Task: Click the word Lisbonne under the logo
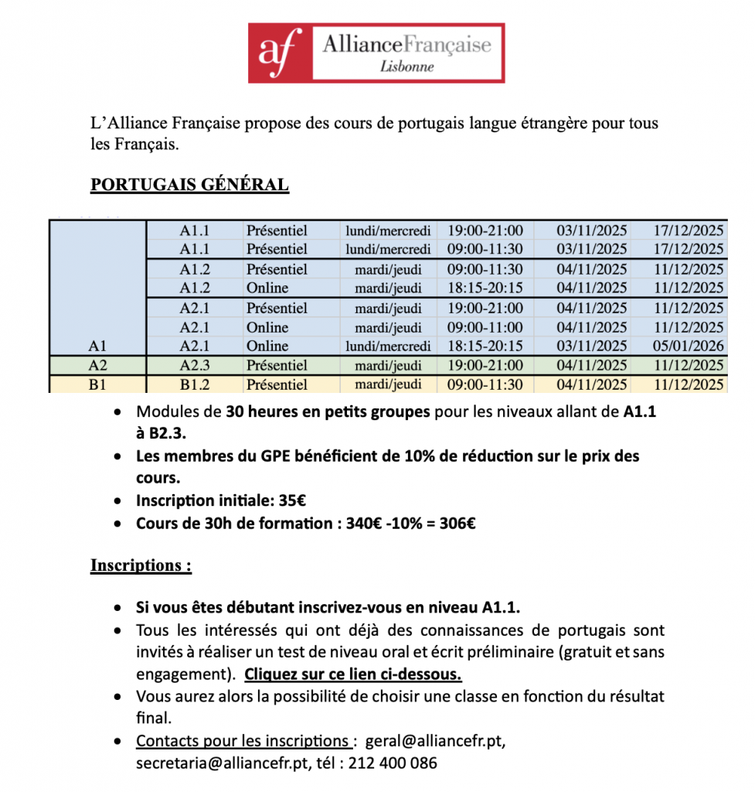pos(407,66)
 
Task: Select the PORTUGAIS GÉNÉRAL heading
pos(190,185)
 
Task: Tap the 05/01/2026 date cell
pos(689,346)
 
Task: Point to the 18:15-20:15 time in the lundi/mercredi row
pos(485,346)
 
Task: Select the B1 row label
pos(98,384)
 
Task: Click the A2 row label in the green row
pos(98,365)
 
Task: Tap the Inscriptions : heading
pos(141,565)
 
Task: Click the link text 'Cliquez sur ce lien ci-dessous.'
pos(353,674)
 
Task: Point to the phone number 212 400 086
pos(393,763)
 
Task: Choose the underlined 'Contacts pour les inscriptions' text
pos(242,741)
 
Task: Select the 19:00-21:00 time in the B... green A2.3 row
pos(485,365)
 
